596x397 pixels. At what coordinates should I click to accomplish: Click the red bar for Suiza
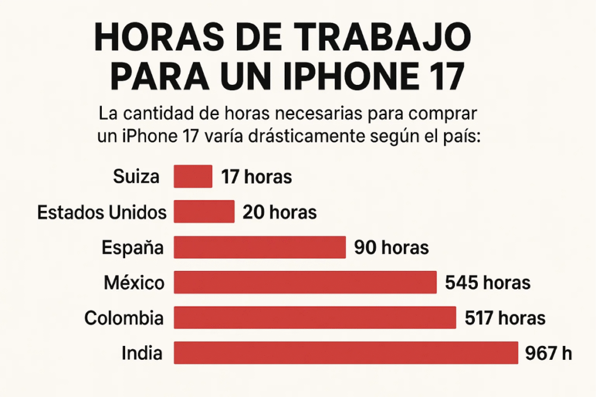(193, 177)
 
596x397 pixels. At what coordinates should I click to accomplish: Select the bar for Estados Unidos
(204, 212)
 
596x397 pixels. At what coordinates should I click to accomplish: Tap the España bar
(260, 247)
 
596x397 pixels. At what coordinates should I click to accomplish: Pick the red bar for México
(305, 282)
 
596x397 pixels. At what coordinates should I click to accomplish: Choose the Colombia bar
(314, 317)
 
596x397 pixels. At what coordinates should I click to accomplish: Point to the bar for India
(346, 353)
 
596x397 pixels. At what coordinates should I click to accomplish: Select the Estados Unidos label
(101, 212)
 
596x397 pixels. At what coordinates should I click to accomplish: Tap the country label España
(132, 248)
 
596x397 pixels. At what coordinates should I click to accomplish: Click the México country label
(133, 283)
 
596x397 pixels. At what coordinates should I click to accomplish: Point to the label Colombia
(123, 318)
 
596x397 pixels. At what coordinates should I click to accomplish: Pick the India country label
(142, 353)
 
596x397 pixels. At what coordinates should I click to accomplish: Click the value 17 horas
(256, 177)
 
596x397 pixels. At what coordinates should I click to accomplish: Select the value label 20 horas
(279, 212)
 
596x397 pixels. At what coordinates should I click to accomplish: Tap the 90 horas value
(391, 248)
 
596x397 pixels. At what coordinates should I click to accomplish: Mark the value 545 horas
(488, 283)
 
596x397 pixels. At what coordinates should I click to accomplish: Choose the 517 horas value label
(505, 318)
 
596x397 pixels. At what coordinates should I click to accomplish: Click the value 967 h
(548, 353)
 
